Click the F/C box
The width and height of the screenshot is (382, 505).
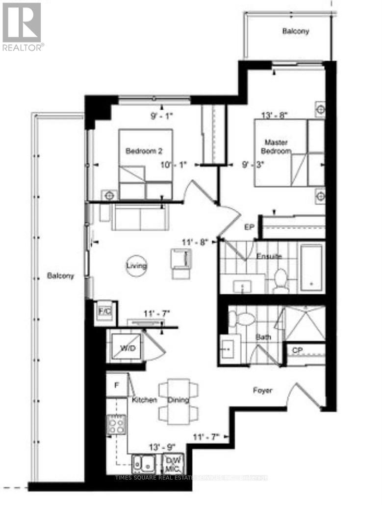coord(104,311)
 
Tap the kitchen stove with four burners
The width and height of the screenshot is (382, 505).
coord(116,424)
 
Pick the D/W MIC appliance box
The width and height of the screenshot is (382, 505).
coord(173,461)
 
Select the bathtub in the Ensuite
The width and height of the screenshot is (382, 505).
coord(311,266)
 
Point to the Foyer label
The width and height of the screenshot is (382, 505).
coord(262,390)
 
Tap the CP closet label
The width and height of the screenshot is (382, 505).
coord(297,351)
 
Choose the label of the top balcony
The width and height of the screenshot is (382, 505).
coord(295,31)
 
